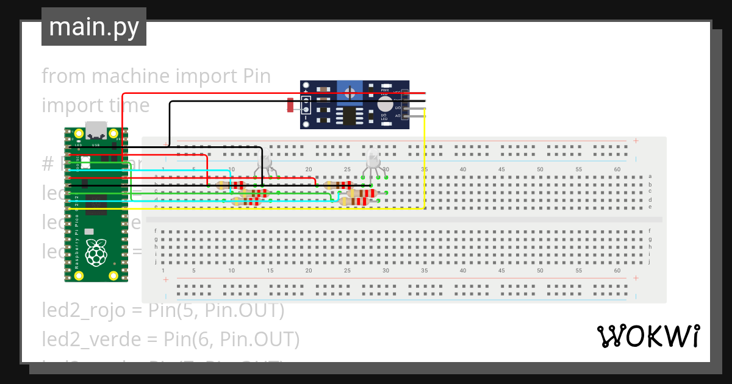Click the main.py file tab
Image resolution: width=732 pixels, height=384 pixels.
coord(93,27)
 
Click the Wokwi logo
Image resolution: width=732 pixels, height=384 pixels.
coord(647,336)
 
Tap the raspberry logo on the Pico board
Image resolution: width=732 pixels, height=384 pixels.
coord(96,252)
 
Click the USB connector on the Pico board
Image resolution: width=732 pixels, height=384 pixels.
coord(96,130)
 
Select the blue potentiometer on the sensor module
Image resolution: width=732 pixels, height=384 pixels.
coord(350,93)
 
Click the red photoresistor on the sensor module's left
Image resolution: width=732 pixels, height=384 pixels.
coord(290,106)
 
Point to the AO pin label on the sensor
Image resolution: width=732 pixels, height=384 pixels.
coord(398,116)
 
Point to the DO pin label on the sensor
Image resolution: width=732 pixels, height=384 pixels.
coord(398,108)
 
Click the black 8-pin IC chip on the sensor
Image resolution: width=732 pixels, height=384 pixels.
coord(350,115)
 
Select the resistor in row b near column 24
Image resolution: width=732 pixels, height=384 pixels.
coord(339,185)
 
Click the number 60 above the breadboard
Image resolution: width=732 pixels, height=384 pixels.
coord(617,169)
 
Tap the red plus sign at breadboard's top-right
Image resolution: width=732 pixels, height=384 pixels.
coord(636,141)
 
